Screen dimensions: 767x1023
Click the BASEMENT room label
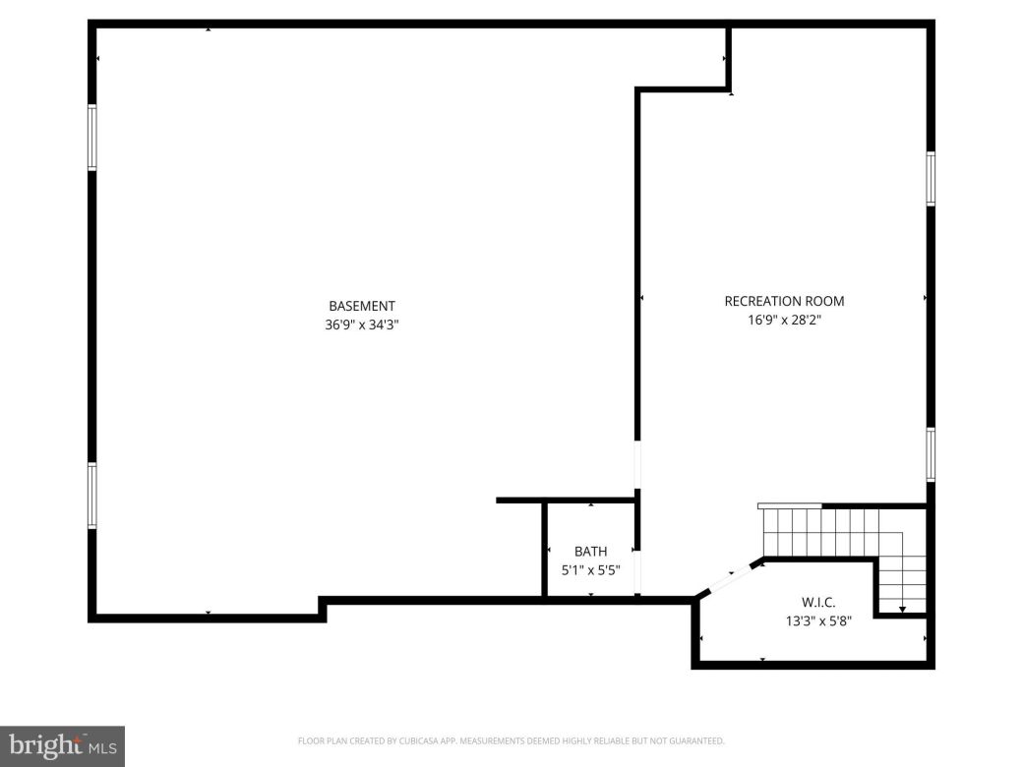(x=362, y=306)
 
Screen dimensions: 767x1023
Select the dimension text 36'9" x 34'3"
(x=362, y=324)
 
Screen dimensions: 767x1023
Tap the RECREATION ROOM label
(x=784, y=301)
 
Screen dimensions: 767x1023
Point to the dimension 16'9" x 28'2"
(x=784, y=320)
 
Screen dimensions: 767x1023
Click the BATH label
(x=591, y=552)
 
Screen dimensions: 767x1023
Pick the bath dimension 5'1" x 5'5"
(x=590, y=569)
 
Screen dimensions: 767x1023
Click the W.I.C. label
(x=818, y=601)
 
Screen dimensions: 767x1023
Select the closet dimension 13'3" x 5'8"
(x=818, y=619)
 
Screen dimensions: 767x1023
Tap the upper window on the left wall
(x=92, y=138)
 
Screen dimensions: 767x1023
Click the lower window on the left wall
(x=92, y=496)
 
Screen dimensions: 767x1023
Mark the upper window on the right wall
(x=931, y=179)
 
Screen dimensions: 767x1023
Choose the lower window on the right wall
(x=931, y=454)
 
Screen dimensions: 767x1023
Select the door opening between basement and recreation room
(x=637, y=464)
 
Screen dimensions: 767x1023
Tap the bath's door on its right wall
(x=637, y=571)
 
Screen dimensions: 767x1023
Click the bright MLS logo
(x=61, y=746)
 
